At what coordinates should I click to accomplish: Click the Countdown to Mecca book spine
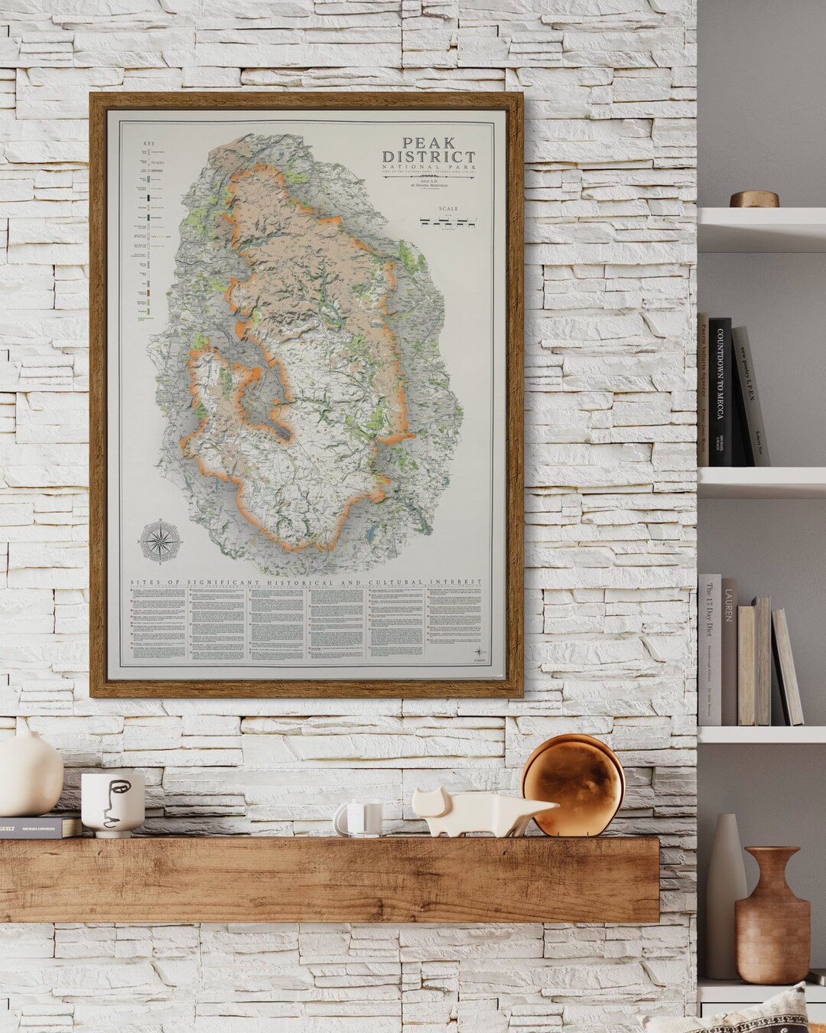(720, 391)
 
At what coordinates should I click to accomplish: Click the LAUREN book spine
(730, 650)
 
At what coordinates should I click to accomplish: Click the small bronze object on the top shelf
(753, 199)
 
